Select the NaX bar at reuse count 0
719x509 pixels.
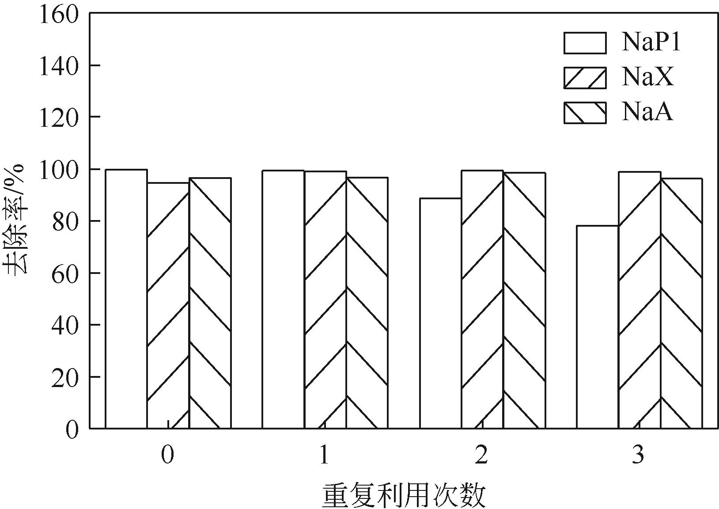click(x=168, y=305)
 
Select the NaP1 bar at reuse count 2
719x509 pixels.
click(x=440, y=313)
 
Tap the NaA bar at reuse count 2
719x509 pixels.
click(x=524, y=300)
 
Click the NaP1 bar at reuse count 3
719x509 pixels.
click(x=598, y=327)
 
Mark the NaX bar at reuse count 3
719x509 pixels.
click(x=640, y=300)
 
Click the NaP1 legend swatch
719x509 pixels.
click(x=585, y=43)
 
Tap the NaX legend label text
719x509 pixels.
click(x=648, y=77)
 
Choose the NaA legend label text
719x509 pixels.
click(x=647, y=112)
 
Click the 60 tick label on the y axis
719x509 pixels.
click(x=64, y=273)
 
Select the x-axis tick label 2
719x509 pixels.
click(x=482, y=455)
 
